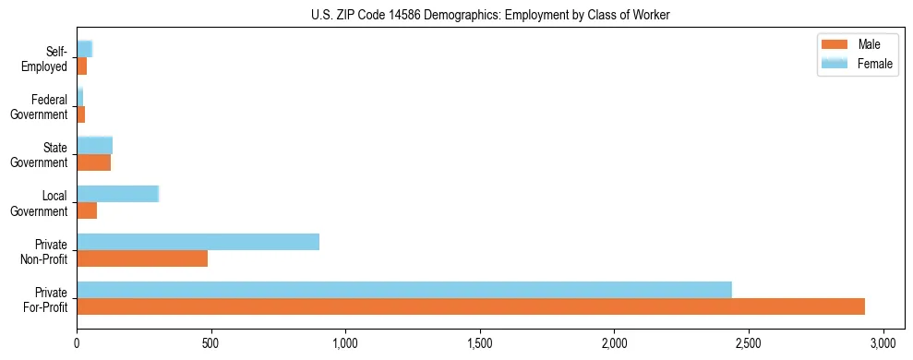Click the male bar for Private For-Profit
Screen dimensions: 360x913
click(471, 306)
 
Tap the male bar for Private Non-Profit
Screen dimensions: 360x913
click(142, 258)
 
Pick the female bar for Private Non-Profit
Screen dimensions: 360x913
click(198, 242)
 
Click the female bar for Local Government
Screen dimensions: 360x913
click(118, 194)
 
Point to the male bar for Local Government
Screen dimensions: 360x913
click(87, 210)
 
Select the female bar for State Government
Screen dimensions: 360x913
click(95, 145)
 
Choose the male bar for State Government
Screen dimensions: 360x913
click(94, 162)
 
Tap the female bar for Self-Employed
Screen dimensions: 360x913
click(85, 49)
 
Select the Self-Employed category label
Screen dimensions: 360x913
click(46, 58)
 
